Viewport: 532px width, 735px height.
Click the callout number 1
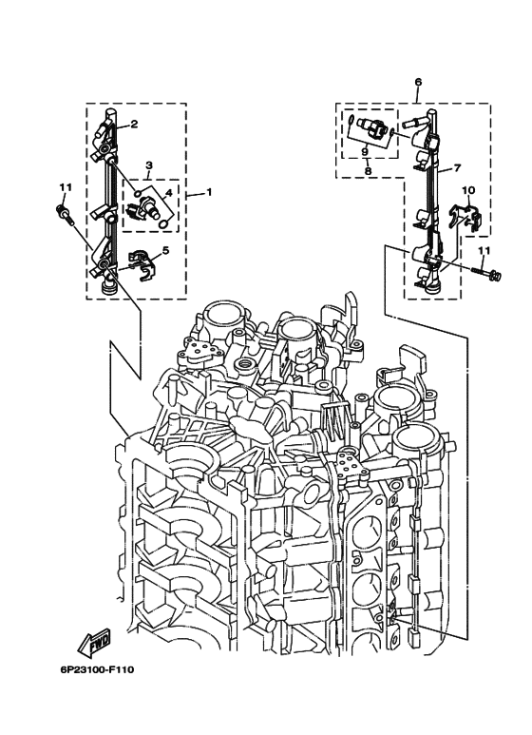(x=208, y=192)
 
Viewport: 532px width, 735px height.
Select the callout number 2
(x=134, y=124)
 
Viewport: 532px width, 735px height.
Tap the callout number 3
(x=149, y=165)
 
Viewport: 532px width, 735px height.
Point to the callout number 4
(x=168, y=192)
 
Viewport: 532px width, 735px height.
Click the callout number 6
(x=417, y=83)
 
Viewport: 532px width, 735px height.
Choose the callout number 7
(x=457, y=167)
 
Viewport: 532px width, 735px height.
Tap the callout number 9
(x=365, y=150)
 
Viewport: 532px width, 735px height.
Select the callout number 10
(x=467, y=190)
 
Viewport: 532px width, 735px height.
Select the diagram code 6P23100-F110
(x=96, y=669)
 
